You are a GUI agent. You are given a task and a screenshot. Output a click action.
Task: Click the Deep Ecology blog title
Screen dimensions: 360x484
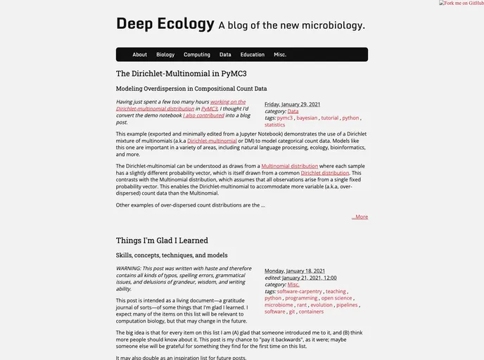[165, 24]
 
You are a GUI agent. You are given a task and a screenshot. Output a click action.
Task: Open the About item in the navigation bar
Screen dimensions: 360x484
[140, 55]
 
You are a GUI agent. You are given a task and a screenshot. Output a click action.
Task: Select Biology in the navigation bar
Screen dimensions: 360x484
[165, 55]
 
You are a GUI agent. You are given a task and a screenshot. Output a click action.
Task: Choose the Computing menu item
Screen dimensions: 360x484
[197, 55]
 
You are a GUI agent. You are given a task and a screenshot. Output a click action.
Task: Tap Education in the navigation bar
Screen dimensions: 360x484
[252, 55]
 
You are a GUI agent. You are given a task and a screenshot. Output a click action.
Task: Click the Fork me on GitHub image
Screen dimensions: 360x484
[461, 4]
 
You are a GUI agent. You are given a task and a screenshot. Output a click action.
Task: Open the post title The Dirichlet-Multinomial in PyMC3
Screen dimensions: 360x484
[181, 73]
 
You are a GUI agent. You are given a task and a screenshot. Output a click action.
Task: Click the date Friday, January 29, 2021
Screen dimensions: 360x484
[292, 104]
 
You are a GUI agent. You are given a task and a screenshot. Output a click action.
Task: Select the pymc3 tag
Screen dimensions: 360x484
[285, 118]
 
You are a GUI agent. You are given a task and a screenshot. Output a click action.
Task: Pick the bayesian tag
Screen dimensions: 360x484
[307, 118]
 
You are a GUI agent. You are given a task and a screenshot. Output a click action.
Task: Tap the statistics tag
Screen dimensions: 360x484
[275, 125]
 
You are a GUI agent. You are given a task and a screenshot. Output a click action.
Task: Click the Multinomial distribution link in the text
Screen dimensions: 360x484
[289, 166]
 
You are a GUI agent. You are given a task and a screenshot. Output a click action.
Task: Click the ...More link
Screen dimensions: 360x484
[359, 217]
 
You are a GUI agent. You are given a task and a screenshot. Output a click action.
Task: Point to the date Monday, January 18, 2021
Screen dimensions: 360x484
[295, 271]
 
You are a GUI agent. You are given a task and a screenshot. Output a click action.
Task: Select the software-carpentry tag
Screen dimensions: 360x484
[300, 291]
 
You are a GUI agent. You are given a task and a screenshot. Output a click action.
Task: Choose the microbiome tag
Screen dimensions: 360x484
[279, 305]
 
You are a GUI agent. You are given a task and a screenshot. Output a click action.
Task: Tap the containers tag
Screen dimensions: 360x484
[311, 311]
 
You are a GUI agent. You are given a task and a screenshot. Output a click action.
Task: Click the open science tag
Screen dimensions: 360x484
[336, 298]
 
